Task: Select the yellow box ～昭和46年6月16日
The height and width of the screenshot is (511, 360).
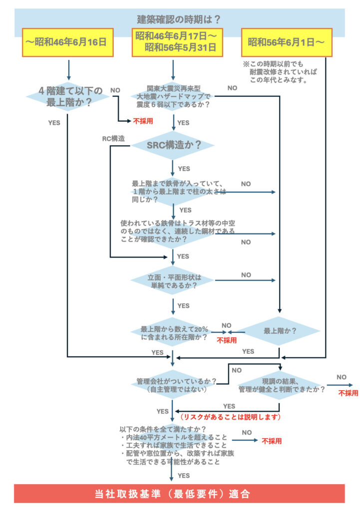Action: pos(67,42)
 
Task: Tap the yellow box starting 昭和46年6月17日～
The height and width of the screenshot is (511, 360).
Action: pos(175,42)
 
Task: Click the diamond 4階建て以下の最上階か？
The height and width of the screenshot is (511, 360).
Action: pos(67,96)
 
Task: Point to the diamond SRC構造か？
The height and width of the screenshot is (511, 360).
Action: pos(173,145)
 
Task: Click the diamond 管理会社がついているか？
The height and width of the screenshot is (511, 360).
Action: pos(173,384)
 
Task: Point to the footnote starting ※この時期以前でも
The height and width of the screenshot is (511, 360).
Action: pos(280,72)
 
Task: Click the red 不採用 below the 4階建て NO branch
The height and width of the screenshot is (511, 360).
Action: pos(142,121)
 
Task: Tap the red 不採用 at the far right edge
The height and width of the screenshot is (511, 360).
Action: pos(348,393)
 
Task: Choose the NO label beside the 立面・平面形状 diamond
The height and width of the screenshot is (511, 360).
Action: pos(246,274)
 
